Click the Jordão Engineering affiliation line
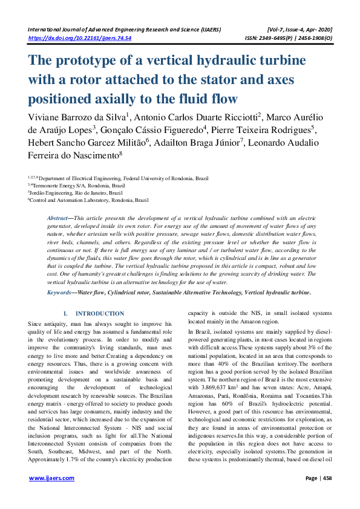tap(75, 192)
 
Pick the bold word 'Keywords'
tap(59, 293)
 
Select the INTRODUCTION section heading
tap(99, 314)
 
